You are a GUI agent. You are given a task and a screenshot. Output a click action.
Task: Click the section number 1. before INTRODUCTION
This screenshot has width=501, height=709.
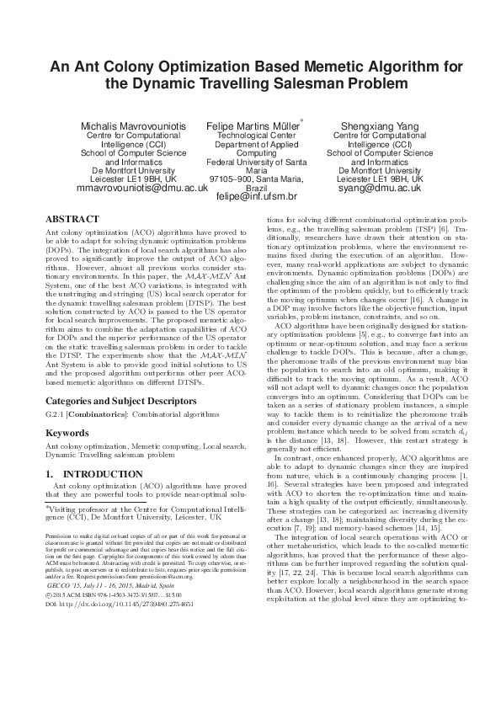point(50,473)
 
